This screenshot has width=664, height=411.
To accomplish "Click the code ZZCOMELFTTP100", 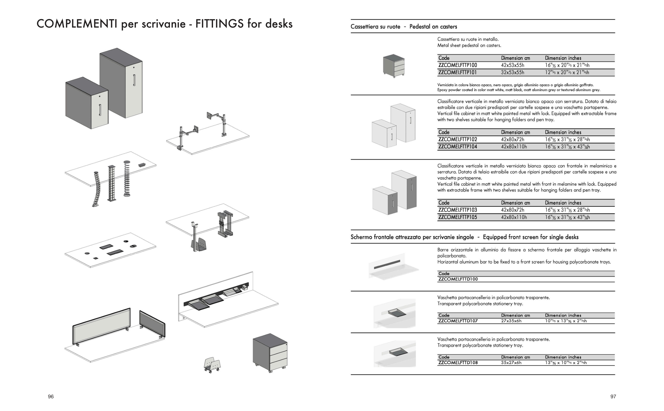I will click(x=457, y=65).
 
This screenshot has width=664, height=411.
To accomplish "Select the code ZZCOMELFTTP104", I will click(x=457, y=147).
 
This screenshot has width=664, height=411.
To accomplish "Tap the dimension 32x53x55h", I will click(x=513, y=73).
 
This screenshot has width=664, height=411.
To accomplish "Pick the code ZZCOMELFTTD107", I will click(x=458, y=321).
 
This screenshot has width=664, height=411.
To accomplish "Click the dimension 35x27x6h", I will click(x=511, y=363).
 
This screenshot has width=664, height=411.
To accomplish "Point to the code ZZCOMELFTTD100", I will click(x=458, y=279).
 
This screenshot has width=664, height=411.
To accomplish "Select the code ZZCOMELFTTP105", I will click(x=457, y=217).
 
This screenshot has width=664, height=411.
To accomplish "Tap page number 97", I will click(x=613, y=397).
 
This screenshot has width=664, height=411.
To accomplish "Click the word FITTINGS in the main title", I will click(x=219, y=24).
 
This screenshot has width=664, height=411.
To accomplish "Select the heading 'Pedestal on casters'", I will click(x=433, y=27).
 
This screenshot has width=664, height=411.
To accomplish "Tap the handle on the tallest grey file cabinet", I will click(x=134, y=80).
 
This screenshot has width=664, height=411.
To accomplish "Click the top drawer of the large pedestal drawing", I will click(x=278, y=346).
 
